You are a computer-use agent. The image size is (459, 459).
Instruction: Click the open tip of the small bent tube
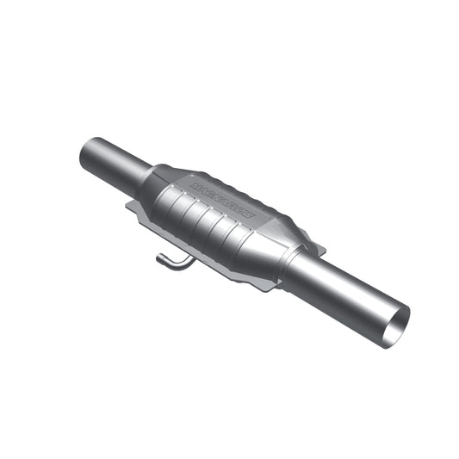[x=160, y=256]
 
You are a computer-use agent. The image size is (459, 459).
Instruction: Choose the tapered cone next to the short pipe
[x=156, y=175]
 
